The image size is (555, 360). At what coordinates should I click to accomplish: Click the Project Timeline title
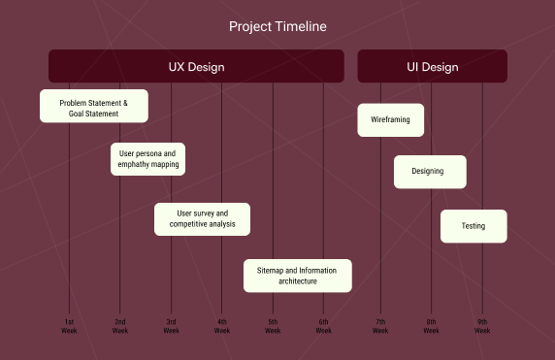(x=277, y=26)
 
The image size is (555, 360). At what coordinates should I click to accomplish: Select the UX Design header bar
(x=196, y=66)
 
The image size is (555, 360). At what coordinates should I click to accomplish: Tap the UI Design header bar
(x=432, y=66)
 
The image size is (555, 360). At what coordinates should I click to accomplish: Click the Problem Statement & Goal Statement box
(x=94, y=106)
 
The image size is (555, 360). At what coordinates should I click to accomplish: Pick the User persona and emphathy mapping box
(x=147, y=159)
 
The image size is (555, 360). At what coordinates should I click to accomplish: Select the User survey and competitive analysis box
(x=202, y=219)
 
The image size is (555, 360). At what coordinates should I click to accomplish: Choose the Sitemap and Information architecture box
(x=297, y=276)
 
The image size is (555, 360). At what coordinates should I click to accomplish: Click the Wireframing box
(x=390, y=120)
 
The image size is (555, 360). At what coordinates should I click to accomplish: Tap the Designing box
(x=430, y=172)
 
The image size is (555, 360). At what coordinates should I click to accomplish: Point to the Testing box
(x=473, y=226)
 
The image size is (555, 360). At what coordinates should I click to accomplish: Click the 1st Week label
(x=69, y=326)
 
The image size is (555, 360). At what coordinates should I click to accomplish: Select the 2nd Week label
(x=120, y=326)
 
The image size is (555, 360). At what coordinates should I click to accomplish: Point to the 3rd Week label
(x=171, y=326)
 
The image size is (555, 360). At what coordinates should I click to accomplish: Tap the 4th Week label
(x=222, y=326)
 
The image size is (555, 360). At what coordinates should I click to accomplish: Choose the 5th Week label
(x=273, y=326)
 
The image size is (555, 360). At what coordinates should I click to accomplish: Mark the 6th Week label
(x=323, y=326)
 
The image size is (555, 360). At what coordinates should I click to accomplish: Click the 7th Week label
(x=380, y=326)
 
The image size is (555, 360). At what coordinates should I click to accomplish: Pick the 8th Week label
(x=431, y=326)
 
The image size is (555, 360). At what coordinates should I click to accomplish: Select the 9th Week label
(x=482, y=326)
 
